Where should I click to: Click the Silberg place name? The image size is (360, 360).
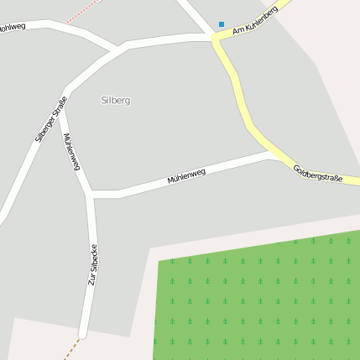116,100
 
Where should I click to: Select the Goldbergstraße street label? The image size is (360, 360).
318,174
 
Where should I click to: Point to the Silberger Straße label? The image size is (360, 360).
51,120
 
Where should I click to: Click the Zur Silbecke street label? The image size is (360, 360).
94,264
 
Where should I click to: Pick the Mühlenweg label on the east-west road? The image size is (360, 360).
186,176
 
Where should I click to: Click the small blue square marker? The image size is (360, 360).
222,24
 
